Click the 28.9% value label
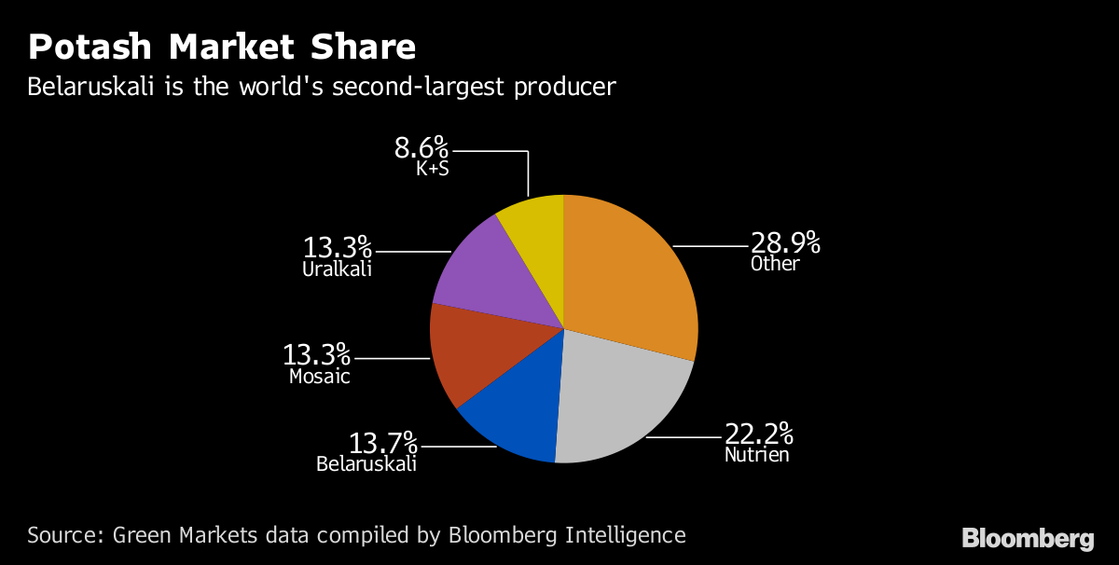pyautogui.click(x=785, y=244)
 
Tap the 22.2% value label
pyautogui.click(x=759, y=434)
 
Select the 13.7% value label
pyautogui.click(x=382, y=442)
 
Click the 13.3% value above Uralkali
pyautogui.click(x=337, y=248)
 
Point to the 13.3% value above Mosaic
pyautogui.click(x=317, y=354)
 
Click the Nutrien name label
pyautogui.click(x=756, y=455)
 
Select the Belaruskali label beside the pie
pyautogui.click(x=366, y=463)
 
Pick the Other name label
pyautogui.click(x=775, y=264)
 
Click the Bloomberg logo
pyautogui.click(x=1028, y=538)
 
